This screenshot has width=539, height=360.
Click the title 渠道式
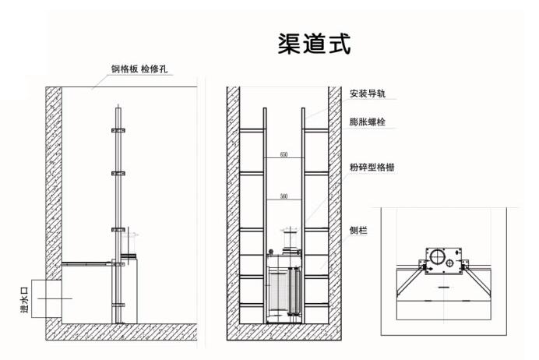coord(315,44)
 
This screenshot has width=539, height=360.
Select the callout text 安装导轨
coord(368,94)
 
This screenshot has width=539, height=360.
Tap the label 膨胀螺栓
coord(368,122)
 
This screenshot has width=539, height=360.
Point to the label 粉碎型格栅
coord(372,168)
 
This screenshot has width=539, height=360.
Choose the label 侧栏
coord(359,231)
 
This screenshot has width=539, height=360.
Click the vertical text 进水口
coord(23,298)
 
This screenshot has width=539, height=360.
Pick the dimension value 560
coord(284,196)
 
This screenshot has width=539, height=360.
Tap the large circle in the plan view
coord(436,258)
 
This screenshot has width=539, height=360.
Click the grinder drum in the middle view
coord(284,292)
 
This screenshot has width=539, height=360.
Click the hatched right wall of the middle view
coord(333,210)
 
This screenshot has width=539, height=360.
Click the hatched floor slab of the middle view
coord(284,334)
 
